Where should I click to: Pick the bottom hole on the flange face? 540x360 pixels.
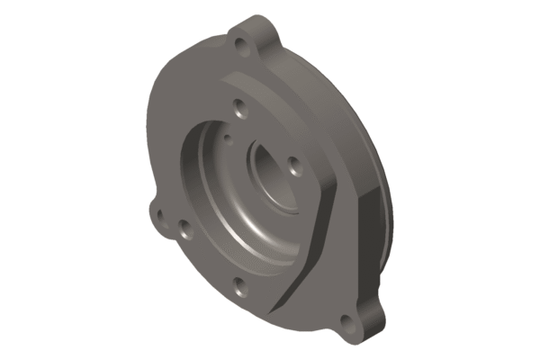click(x=238, y=287)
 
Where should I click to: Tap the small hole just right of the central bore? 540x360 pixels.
click(x=294, y=166)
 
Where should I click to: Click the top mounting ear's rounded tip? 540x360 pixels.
click(x=256, y=22)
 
